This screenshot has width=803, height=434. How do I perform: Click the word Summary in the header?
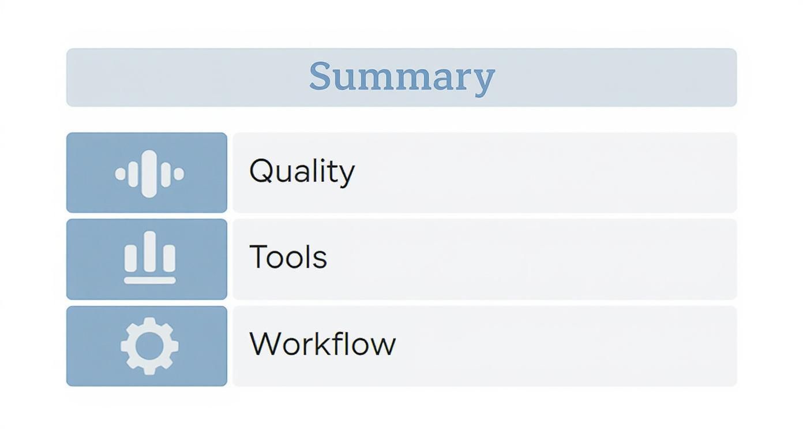click(x=401, y=77)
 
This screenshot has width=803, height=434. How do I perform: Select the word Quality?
click(x=302, y=171)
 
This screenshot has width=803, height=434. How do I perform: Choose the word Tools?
click(x=288, y=257)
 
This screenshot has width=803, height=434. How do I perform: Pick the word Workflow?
click(x=322, y=344)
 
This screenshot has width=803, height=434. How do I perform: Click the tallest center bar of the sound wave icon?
click(x=149, y=173)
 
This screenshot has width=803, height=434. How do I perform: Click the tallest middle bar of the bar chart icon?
click(x=150, y=251)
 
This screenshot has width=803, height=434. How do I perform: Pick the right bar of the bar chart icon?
click(x=168, y=258)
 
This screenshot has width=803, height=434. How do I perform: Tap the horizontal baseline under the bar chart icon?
click(x=149, y=280)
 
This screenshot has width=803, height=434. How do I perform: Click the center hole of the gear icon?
click(x=149, y=346)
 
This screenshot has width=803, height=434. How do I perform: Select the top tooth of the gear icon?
click(x=149, y=322)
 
